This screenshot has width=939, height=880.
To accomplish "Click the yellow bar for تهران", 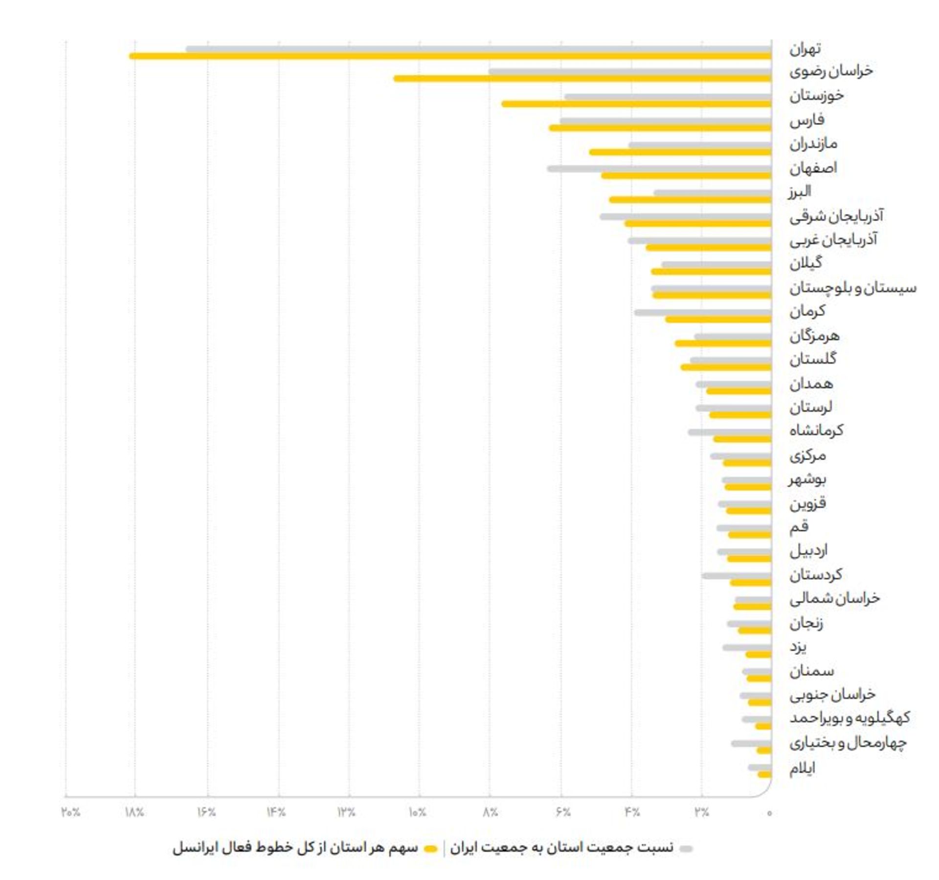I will click(x=450, y=56).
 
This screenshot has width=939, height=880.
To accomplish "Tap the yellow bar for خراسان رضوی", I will click(x=582, y=78).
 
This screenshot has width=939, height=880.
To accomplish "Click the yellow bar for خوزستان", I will click(x=636, y=104).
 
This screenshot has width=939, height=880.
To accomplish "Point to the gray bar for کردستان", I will click(x=736, y=576).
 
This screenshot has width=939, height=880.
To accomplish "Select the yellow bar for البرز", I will click(x=690, y=200).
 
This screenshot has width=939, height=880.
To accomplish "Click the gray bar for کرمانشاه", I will click(x=729, y=432).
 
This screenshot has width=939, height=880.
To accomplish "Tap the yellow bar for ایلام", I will click(x=764, y=774).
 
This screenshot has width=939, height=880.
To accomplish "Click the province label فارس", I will click(x=806, y=120).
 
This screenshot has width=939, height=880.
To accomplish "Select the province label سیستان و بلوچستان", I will click(x=852, y=288).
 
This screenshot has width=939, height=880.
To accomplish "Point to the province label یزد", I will click(x=798, y=647).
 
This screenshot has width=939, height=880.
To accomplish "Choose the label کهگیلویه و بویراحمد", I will click(x=850, y=718).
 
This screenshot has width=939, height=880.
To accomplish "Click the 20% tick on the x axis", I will click(x=70, y=812).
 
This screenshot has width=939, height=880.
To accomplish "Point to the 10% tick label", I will click(x=417, y=812).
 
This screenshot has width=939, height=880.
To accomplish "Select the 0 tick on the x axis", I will click(x=769, y=813).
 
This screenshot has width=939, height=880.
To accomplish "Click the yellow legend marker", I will click(x=430, y=849).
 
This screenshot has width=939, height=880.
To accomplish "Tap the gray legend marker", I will click(x=686, y=849).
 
